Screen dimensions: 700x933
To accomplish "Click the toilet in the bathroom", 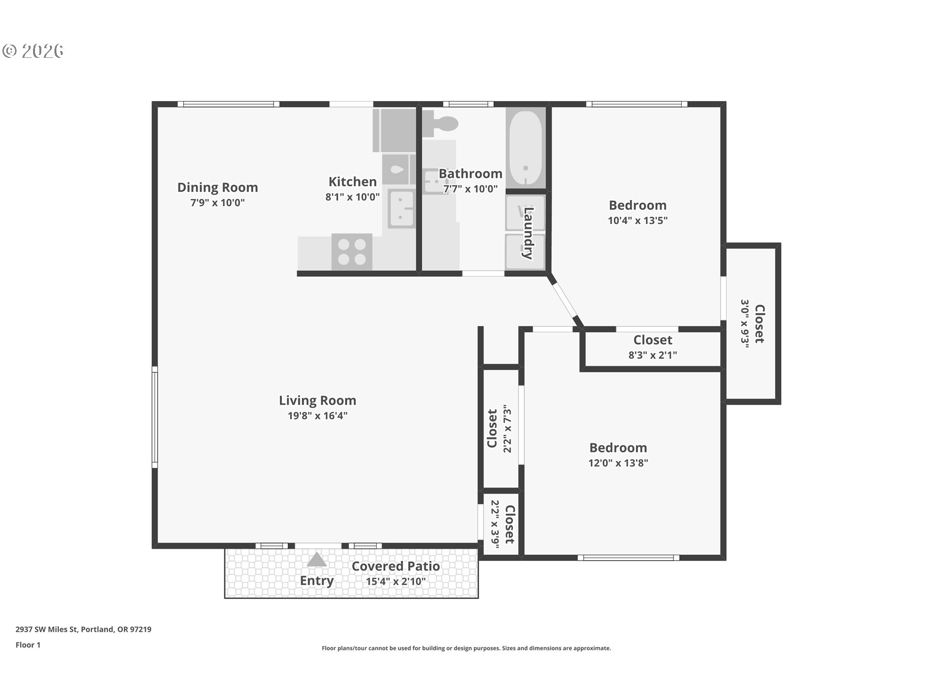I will (441, 123).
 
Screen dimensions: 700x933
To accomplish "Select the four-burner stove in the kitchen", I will (352, 252).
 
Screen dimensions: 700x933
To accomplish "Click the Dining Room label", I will (217, 188).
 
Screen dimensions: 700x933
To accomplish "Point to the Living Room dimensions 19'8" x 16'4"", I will (317, 416).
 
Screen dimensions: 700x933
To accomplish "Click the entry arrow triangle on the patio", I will (317, 560).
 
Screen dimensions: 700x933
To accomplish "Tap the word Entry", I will (316, 581).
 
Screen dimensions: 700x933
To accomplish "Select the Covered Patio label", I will (396, 566).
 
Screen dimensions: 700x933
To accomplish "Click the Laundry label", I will (529, 233).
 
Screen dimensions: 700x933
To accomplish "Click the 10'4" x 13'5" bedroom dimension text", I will (638, 220).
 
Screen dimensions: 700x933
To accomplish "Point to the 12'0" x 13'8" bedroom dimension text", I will (618, 463).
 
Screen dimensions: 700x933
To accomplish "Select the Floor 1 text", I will (28, 645).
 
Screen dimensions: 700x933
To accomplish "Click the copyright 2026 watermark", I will (33, 51).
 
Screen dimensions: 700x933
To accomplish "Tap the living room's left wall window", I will (155, 417).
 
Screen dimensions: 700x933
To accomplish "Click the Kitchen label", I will (352, 182).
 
